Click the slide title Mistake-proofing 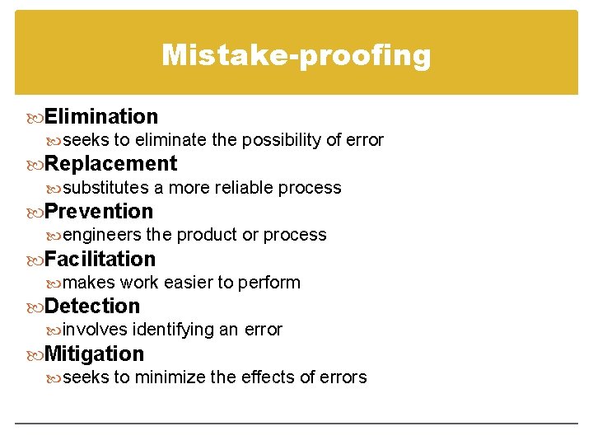(296, 55)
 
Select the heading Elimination (100, 116)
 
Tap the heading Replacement (110, 163)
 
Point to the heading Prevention (99, 211)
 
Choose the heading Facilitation (100, 259)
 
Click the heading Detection (92, 306)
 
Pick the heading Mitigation (94, 354)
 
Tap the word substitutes (105, 187)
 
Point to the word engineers (102, 235)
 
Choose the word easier (188, 283)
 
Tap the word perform (269, 283)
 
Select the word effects (268, 377)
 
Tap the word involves (95, 330)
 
